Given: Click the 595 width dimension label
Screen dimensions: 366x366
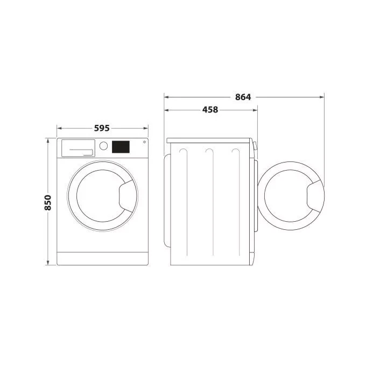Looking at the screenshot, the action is pyautogui.click(x=102, y=128).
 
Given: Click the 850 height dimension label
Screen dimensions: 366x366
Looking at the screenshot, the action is pyautogui.click(x=48, y=202).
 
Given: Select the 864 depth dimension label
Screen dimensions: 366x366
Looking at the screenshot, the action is pyautogui.click(x=243, y=97).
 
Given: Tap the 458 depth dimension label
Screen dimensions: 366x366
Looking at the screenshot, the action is pyautogui.click(x=210, y=110).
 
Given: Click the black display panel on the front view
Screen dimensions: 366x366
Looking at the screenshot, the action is pyautogui.click(x=121, y=147).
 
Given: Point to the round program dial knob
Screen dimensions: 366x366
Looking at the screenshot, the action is pyautogui.click(x=103, y=146).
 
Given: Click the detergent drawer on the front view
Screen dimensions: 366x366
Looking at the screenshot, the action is pyautogui.click(x=78, y=148).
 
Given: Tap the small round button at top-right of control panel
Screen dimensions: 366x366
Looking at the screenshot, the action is pyautogui.click(x=144, y=142).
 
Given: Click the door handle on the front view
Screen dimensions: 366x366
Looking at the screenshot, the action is pyautogui.click(x=127, y=196).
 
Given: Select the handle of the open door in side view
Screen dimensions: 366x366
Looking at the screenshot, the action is pyautogui.click(x=315, y=196).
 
